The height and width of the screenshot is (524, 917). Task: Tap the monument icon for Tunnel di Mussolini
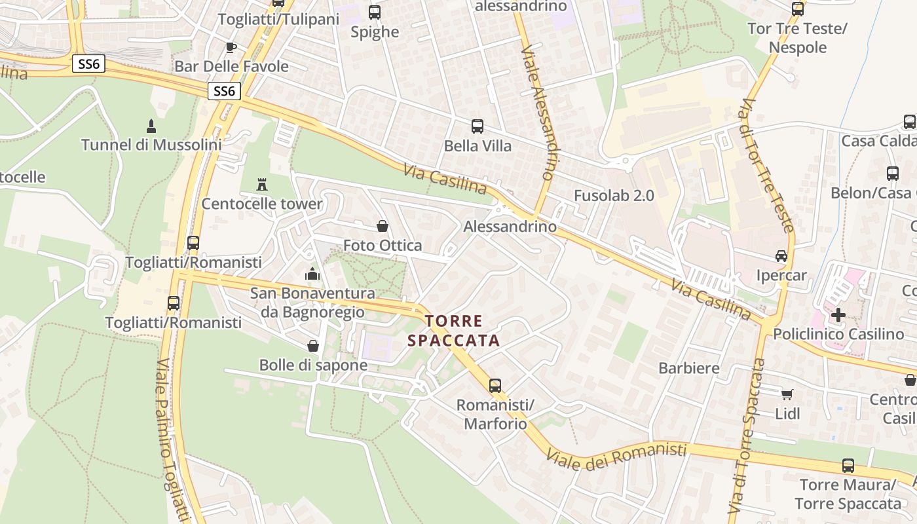151,126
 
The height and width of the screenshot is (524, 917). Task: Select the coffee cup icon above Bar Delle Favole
231,47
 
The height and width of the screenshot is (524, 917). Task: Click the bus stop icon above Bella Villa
477,126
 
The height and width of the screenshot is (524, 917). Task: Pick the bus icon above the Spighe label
375,12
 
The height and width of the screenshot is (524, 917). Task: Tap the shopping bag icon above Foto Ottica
383,226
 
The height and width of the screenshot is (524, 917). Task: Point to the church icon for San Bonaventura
312,274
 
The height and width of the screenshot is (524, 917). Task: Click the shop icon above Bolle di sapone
313,345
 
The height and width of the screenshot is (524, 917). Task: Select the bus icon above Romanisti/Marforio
495,386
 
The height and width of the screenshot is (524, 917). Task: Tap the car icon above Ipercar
781,255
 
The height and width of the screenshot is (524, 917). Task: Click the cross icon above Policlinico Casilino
838,314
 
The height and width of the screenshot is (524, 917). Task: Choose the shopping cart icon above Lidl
787,394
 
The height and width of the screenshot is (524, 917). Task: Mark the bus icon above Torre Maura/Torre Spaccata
848,466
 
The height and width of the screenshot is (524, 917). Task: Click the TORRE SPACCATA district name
453,331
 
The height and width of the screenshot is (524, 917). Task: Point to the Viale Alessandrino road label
538,113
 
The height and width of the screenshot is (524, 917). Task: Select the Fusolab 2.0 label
614,195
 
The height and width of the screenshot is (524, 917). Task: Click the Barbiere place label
689,368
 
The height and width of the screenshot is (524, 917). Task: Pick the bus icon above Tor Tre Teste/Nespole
797,9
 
